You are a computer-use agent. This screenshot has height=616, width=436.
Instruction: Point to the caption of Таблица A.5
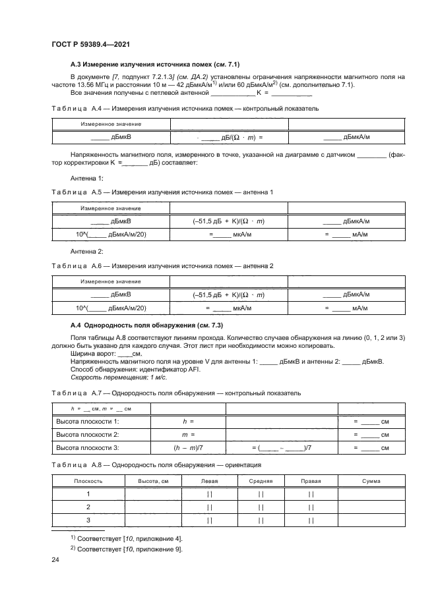pyautogui.click(x=162, y=192)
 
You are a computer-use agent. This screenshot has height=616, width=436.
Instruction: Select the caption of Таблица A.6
pyautogui.click(x=162, y=266)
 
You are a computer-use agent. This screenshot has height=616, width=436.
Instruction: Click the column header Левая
pyautogui.click(x=208, y=481)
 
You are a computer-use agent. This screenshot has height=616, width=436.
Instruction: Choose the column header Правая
pyautogui.click(x=311, y=481)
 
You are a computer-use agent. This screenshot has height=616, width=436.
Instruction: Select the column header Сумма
pyautogui.click(x=371, y=481)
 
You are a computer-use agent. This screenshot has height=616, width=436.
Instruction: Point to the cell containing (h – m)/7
pyautogui.click(x=188, y=448)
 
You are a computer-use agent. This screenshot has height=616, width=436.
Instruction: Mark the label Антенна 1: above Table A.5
pyautogui.click(x=87, y=179)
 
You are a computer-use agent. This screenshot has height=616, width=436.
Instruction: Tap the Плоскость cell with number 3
pyautogui.click(x=88, y=520)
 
